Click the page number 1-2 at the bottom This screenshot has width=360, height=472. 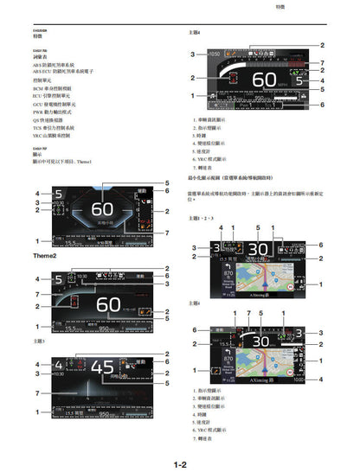tap(180, 465)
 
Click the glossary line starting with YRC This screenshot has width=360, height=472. tap(53, 136)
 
